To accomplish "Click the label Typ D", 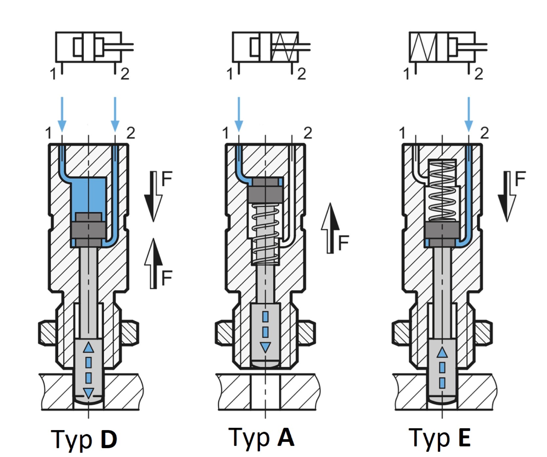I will pyautogui.click(x=84, y=439).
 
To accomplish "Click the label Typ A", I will pyautogui.click(x=261, y=437).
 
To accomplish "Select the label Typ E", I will pyautogui.click(x=440, y=438).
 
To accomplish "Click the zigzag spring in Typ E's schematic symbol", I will pyautogui.click(x=423, y=47).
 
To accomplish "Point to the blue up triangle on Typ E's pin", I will pyautogui.click(x=442, y=352).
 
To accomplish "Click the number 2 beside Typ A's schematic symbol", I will pyautogui.click(x=301, y=74).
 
